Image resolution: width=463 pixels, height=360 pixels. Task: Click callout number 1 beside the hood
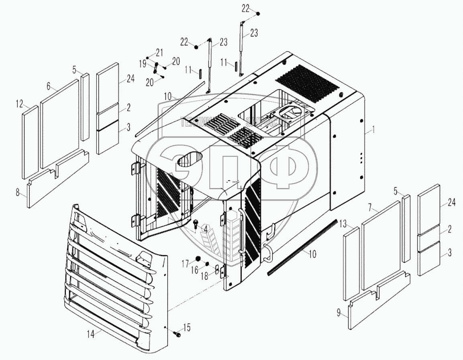pos(374,129)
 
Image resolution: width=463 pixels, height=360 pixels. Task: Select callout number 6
pos(49,85)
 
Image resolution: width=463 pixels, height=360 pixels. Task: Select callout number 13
pos(343,224)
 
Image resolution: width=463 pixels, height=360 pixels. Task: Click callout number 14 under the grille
pos(92,334)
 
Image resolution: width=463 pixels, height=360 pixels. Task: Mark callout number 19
pos(142,63)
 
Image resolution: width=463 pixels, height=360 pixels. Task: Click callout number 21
pos(159,52)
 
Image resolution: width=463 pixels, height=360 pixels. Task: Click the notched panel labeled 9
pos(377,297)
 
